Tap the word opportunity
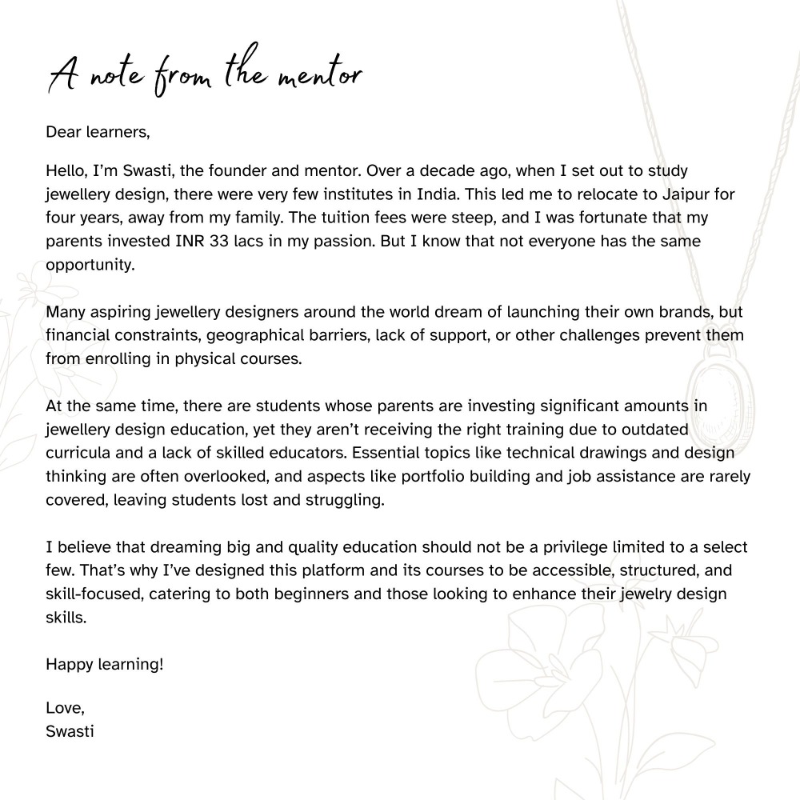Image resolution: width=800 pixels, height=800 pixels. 90,265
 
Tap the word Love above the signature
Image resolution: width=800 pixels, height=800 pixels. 63,707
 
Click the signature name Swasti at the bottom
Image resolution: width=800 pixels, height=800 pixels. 70,730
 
